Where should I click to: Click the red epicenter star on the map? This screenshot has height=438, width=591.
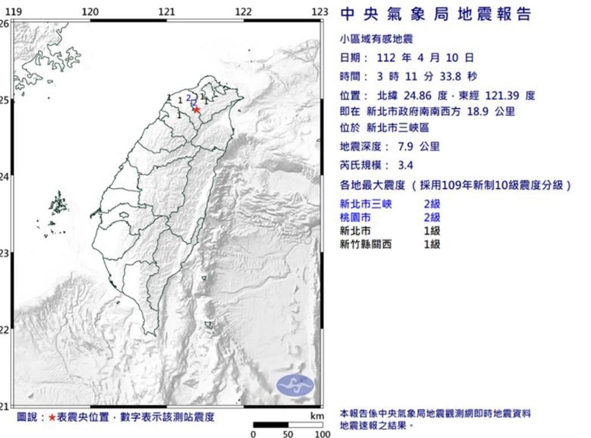(x=197, y=110)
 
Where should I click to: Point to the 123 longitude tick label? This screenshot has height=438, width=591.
(x=320, y=12)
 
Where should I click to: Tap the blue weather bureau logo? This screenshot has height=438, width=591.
(x=295, y=385)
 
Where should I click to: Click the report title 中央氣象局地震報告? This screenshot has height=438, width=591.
(x=436, y=14)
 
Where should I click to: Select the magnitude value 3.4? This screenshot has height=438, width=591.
(x=406, y=166)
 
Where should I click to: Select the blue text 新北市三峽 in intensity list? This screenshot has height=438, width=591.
(x=365, y=204)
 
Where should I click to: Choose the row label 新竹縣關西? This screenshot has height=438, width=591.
(x=365, y=244)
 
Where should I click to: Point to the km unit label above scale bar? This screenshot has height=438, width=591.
(x=316, y=415)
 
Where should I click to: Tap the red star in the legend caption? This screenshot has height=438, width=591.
(x=53, y=417)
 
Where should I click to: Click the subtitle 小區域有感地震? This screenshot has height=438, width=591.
(x=376, y=39)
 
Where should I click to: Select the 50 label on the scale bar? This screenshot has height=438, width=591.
(x=287, y=434)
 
